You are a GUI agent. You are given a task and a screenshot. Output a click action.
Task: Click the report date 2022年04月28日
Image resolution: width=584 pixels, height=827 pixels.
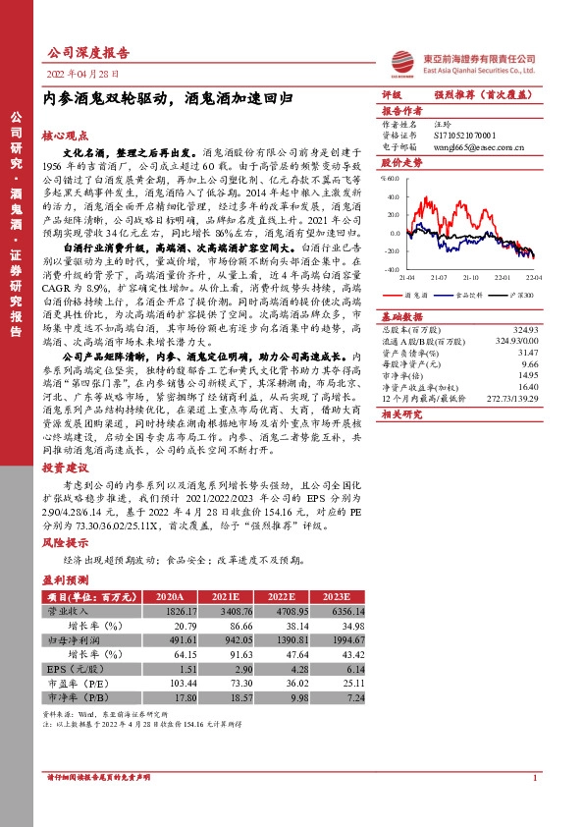(x=82, y=75)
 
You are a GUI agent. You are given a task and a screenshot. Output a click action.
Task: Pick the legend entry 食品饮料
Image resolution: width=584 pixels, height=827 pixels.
(x=468, y=294)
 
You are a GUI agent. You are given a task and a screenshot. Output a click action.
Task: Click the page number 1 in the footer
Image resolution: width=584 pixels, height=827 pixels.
(x=534, y=778)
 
